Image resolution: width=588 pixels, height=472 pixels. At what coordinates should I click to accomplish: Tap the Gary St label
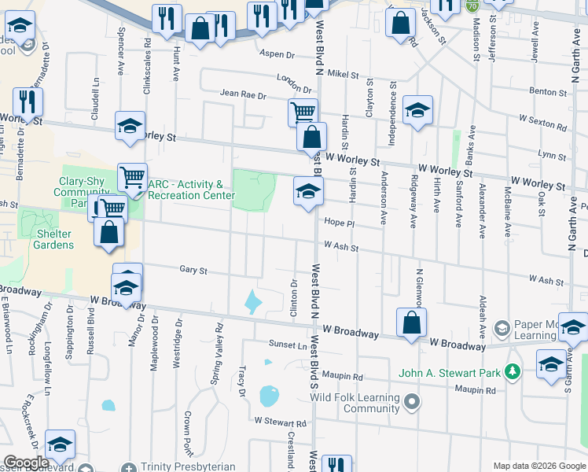[193, 270]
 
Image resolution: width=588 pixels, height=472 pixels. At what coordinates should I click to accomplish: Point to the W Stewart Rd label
[280, 422]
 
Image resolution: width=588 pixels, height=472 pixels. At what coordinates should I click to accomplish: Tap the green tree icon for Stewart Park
[513, 370]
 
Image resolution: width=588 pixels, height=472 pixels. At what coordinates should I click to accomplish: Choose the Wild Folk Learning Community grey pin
[410, 404]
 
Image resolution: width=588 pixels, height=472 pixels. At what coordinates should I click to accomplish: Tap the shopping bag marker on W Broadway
[411, 323]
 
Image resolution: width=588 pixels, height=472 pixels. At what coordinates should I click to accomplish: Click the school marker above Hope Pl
[307, 191]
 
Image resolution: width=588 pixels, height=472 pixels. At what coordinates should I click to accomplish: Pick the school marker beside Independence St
[417, 110]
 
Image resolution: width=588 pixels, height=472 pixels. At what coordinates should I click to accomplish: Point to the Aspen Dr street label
[277, 55]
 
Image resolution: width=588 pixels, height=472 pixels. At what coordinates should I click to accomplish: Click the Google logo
[27, 463]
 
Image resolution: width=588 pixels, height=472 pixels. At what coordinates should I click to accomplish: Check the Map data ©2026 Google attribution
[538, 466]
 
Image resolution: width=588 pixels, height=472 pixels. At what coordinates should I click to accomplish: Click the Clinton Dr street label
[294, 300]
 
